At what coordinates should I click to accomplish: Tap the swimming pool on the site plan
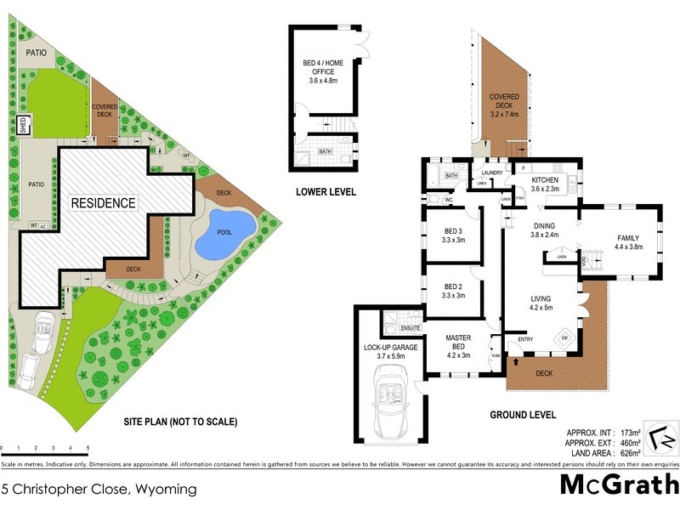tap(225, 235)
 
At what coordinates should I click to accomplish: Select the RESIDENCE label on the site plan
tap(103, 203)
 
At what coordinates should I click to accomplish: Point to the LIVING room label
tap(541, 303)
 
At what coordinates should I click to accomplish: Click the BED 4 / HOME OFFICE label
tap(324, 71)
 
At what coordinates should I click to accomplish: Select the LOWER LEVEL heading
tap(326, 192)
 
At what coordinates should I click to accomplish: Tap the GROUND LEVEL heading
tap(523, 416)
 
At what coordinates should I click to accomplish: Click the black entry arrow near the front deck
tap(515, 363)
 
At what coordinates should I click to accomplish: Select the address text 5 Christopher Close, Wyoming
tap(99, 489)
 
